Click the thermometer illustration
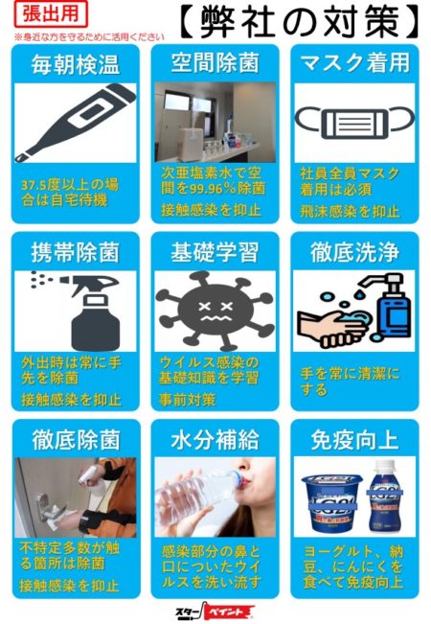(75, 123)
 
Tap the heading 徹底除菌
(76, 440)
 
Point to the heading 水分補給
(215, 440)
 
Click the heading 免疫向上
(354, 440)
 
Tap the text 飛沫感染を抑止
(350, 212)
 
